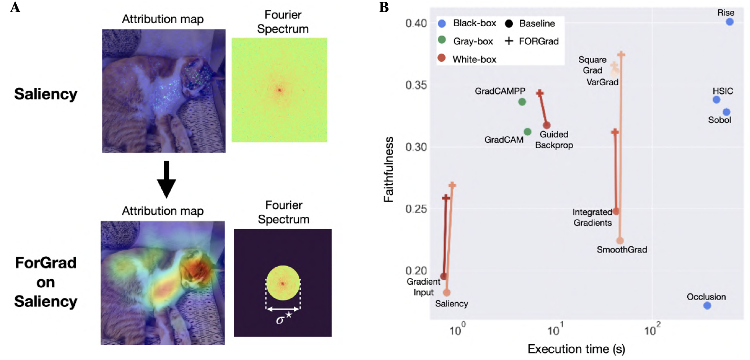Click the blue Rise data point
[x=729, y=22]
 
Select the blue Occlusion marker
[x=707, y=306]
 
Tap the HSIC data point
[x=716, y=100]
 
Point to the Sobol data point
[x=726, y=112]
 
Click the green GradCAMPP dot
[x=522, y=102]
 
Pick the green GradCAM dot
[x=528, y=132]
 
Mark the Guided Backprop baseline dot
[x=546, y=125]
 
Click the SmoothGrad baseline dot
[x=620, y=241]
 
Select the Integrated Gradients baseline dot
[x=616, y=211]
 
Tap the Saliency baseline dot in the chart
[x=447, y=293]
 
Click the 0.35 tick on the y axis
[x=416, y=85]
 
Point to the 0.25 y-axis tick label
[x=416, y=209]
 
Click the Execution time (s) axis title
[x=576, y=349]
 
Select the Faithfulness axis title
[x=389, y=169]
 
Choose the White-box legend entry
[x=474, y=59]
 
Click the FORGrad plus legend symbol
[x=509, y=41]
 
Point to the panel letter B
[x=384, y=8]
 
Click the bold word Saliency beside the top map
[x=46, y=94]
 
